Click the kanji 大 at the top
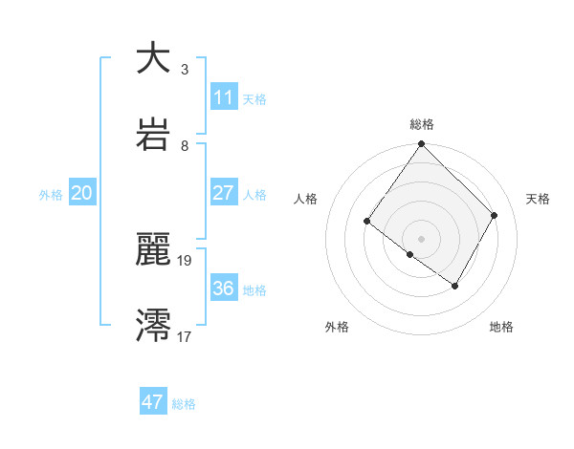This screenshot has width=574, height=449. pos(154,58)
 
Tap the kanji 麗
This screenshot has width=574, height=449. pos(154,251)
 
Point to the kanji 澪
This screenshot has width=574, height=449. pos(154,325)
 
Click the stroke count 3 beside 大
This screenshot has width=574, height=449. pos(184,70)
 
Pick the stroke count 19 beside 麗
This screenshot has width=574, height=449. pos(185,260)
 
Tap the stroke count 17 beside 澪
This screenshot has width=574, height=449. pos(185,335)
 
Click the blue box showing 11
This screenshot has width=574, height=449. pos(223,97)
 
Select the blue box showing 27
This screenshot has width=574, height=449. pos(223,192)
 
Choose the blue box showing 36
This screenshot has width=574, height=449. pos(223,288)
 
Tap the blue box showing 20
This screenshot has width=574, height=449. pos(81,193)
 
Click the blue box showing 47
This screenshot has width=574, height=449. pos(153,402)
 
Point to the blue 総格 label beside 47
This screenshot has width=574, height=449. pos(184,404)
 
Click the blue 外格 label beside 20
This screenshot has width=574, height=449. pos(51,195)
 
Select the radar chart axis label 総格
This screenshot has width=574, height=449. pos(422,124)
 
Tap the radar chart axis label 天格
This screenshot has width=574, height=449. pos(539,199)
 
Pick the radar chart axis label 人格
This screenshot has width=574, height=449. pos(306,199)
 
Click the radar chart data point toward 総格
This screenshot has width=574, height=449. pos(421,145)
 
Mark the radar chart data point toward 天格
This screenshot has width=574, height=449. pos(495,215)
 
